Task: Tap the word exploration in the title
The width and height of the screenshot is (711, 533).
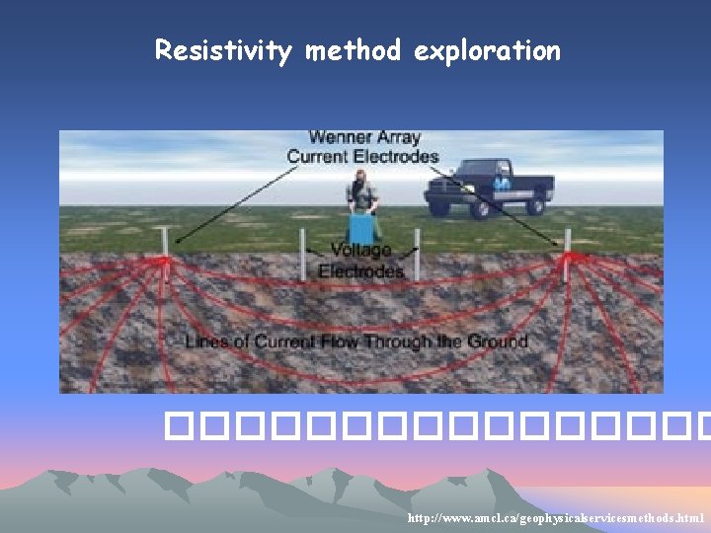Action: pos(487,50)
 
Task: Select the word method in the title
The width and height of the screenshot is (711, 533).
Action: pos(353,49)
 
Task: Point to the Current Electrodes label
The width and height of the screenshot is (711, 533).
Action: pos(362,156)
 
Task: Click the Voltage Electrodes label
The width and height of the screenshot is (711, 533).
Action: pos(360,261)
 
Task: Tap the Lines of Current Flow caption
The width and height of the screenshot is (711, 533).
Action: pos(356,343)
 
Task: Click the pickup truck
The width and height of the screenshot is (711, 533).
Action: pos(489,188)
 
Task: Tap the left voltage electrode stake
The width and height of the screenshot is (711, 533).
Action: pos(303,254)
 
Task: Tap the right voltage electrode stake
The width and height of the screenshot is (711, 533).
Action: pos(417,252)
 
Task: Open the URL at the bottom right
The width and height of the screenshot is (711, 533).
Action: pos(556,518)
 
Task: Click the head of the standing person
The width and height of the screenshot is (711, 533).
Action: pos(360,178)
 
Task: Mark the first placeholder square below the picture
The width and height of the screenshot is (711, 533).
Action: pos(176,426)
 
